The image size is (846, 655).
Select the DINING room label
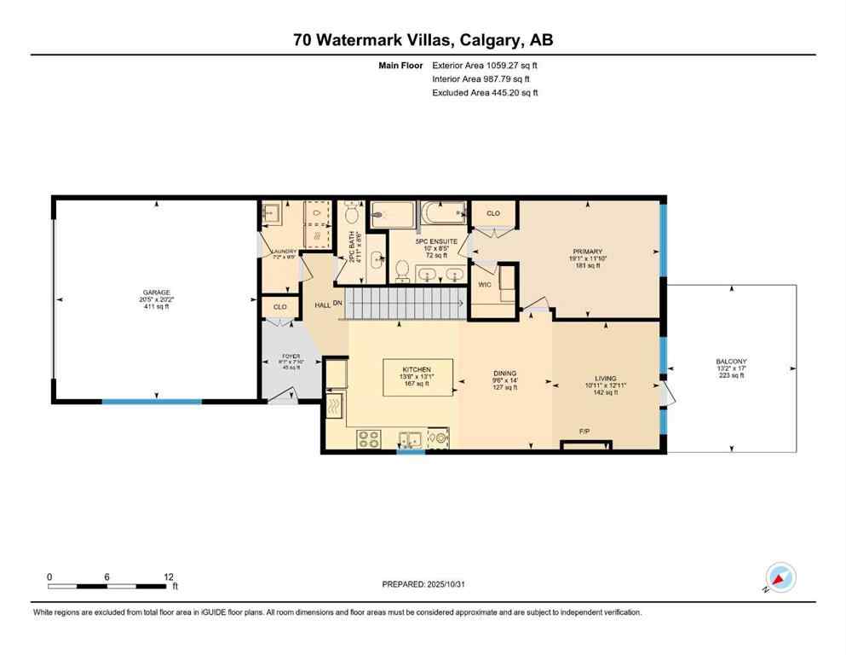coord(504,373)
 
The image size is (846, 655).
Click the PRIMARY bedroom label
coord(587,251)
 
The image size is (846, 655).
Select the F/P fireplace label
coord(585,432)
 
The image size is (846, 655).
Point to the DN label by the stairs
coord(337,304)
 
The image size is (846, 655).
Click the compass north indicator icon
coord(779,577)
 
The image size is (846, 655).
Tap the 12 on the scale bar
coord(169,577)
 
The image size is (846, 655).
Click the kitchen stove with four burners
coord(368,438)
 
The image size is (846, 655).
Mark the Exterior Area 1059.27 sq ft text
coord(485,65)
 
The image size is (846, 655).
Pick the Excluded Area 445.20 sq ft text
coord(485,92)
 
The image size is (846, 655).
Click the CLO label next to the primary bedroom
coord(492,213)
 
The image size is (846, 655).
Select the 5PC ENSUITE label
coord(436,242)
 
